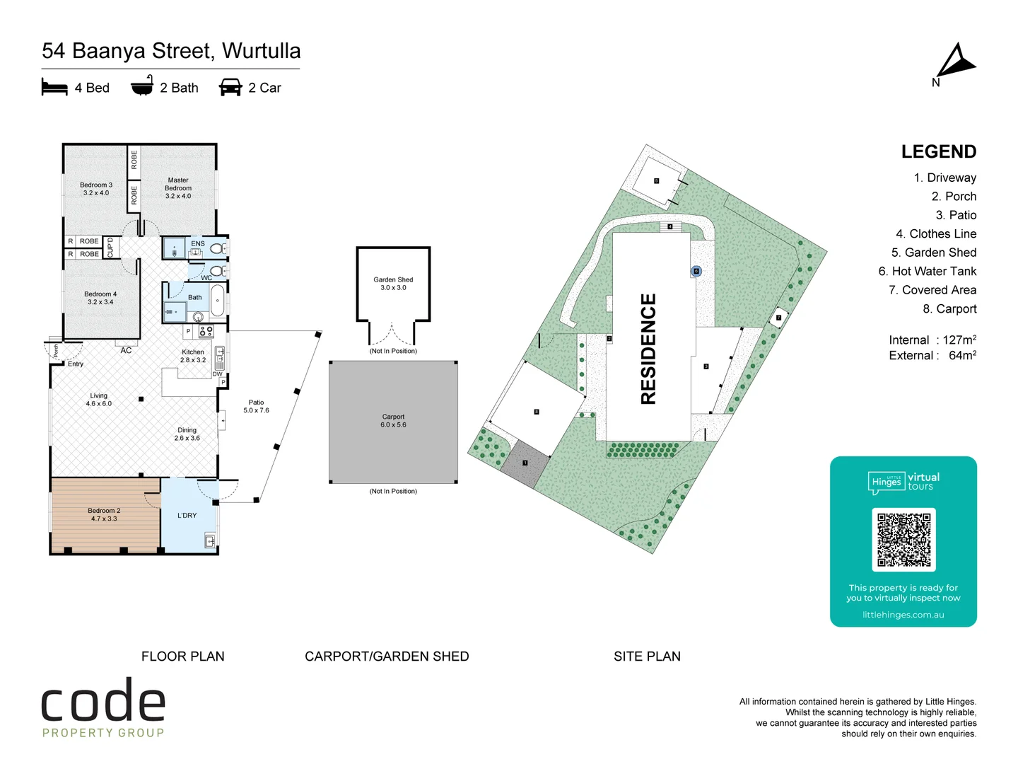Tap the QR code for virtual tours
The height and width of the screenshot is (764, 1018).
903,539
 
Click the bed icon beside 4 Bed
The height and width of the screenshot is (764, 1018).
54,88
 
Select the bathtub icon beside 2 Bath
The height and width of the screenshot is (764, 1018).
142,86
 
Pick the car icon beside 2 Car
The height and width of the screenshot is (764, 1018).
230,88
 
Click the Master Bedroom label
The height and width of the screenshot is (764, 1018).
178,188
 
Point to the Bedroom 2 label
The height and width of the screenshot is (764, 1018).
104,514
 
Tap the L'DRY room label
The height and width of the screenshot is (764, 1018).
187,516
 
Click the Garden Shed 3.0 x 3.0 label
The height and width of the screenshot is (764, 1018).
393,284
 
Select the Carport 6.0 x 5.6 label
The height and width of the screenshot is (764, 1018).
393,421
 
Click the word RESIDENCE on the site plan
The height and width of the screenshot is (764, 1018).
648,349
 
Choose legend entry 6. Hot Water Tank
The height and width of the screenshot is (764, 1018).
927,271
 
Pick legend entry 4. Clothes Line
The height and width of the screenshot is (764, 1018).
936,233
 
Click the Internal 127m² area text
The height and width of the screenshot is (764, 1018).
932,340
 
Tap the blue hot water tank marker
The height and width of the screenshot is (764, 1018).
696,271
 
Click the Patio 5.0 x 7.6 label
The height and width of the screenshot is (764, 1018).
256,406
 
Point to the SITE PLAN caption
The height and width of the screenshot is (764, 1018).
647,656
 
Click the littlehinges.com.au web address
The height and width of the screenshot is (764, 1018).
903,615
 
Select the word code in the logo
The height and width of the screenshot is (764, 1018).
103,702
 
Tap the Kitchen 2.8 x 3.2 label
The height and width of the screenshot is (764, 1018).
193,356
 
